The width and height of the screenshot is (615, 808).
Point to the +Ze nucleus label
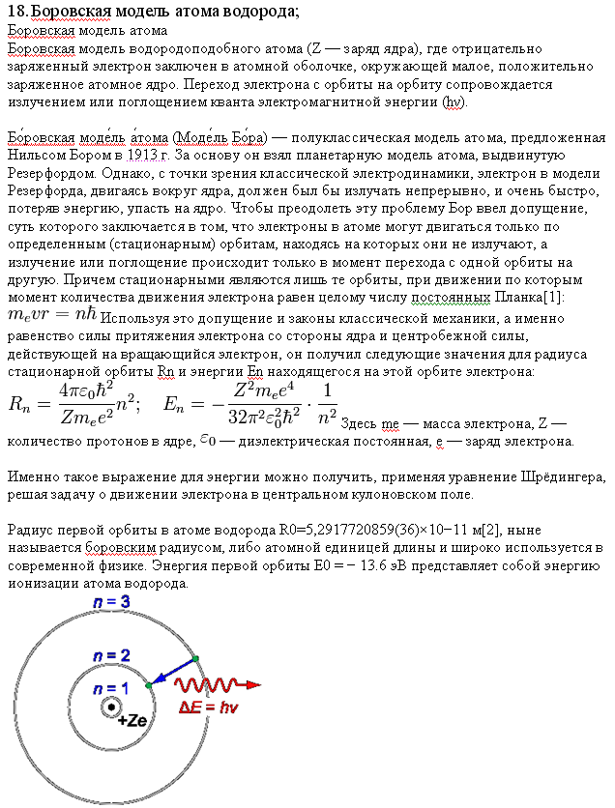coord(132,720)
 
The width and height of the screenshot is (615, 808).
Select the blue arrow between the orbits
coord(171,671)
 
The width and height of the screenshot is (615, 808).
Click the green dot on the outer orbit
coord(196,658)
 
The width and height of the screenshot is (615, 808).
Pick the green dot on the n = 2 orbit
coord(148,684)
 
